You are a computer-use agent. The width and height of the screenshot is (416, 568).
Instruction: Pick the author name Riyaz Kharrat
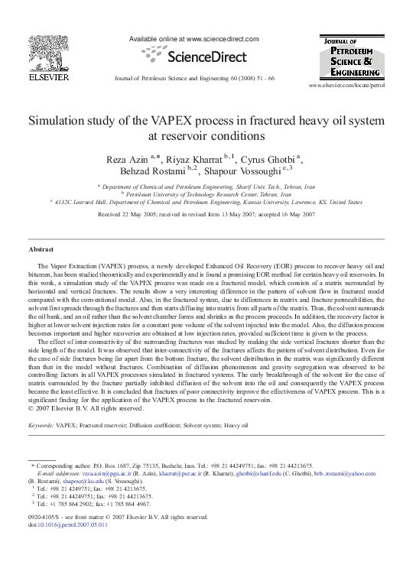click(195, 158)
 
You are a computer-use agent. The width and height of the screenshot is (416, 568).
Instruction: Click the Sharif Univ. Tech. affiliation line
click(207, 187)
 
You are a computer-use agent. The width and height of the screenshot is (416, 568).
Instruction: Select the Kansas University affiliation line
click(207, 203)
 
